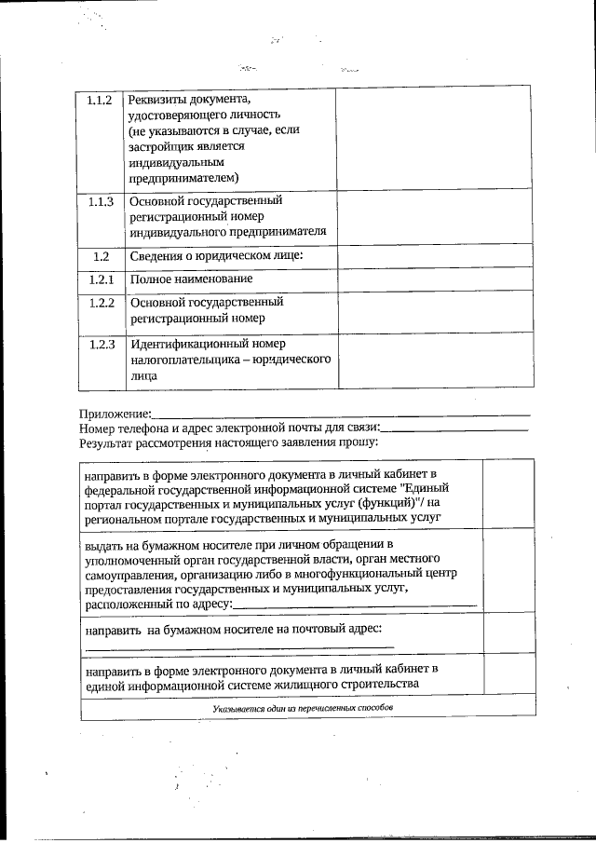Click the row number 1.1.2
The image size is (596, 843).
[x=100, y=100]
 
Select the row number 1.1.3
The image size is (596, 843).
[x=100, y=201]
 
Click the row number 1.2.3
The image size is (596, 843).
[x=100, y=345]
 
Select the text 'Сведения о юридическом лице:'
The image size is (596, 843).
[x=217, y=255]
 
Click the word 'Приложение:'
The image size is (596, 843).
[x=115, y=413]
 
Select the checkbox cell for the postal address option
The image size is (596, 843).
[x=508, y=637]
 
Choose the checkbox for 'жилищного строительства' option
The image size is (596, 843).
[x=508, y=676]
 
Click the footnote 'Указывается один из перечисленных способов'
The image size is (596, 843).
[x=303, y=709]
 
